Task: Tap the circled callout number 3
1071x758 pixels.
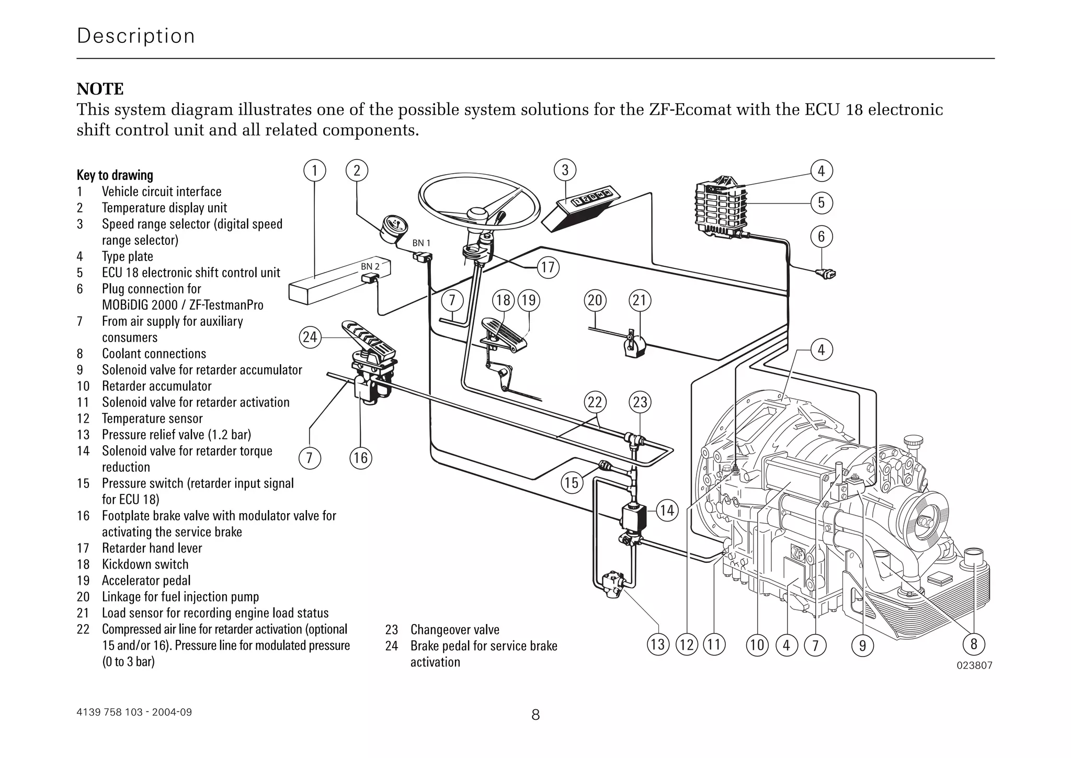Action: (x=565, y=171)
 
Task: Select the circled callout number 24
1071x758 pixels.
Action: (x=310, y=336)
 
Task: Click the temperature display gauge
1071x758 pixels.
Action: (x=395, y=229)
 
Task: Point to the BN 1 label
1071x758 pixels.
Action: (x=421, y=243)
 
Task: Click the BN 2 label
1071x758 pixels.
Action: (x=370, y=266)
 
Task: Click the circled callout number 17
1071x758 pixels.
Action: (x=548, y=267)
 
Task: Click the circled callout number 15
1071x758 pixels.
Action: (x=572, y=482)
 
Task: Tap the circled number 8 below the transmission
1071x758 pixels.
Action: (x=973, y=644)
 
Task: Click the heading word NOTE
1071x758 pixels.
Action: (x=100, y=89)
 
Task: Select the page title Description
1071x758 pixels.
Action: (x=135, y=36)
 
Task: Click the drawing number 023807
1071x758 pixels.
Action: (x=974, y=665)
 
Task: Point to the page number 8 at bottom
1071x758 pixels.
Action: (x=535, y=715)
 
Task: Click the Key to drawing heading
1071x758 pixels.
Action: (x=115, y=175)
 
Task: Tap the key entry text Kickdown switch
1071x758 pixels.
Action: (x=145, y=564)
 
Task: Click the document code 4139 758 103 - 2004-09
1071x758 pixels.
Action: (x=134, y=712)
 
